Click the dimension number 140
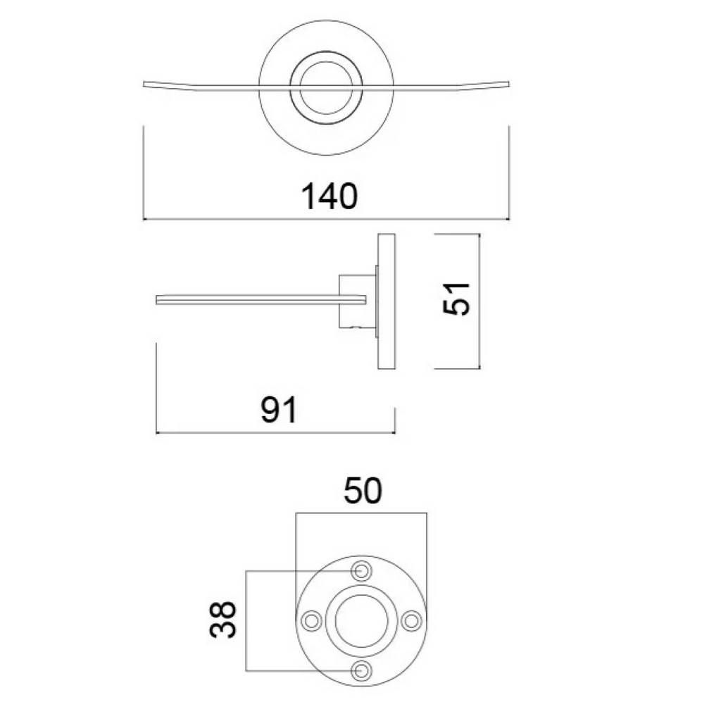click(329, 196)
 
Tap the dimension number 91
click(279, 410)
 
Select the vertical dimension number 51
click(456, 299)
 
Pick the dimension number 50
click(363, 491)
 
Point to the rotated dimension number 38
click(223, 620)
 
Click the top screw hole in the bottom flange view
click(361, 571)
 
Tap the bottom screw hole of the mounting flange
click(361, 671)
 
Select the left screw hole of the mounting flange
click(311, 621)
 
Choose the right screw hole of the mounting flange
click(411, 621)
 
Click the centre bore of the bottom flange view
click(361, 621)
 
